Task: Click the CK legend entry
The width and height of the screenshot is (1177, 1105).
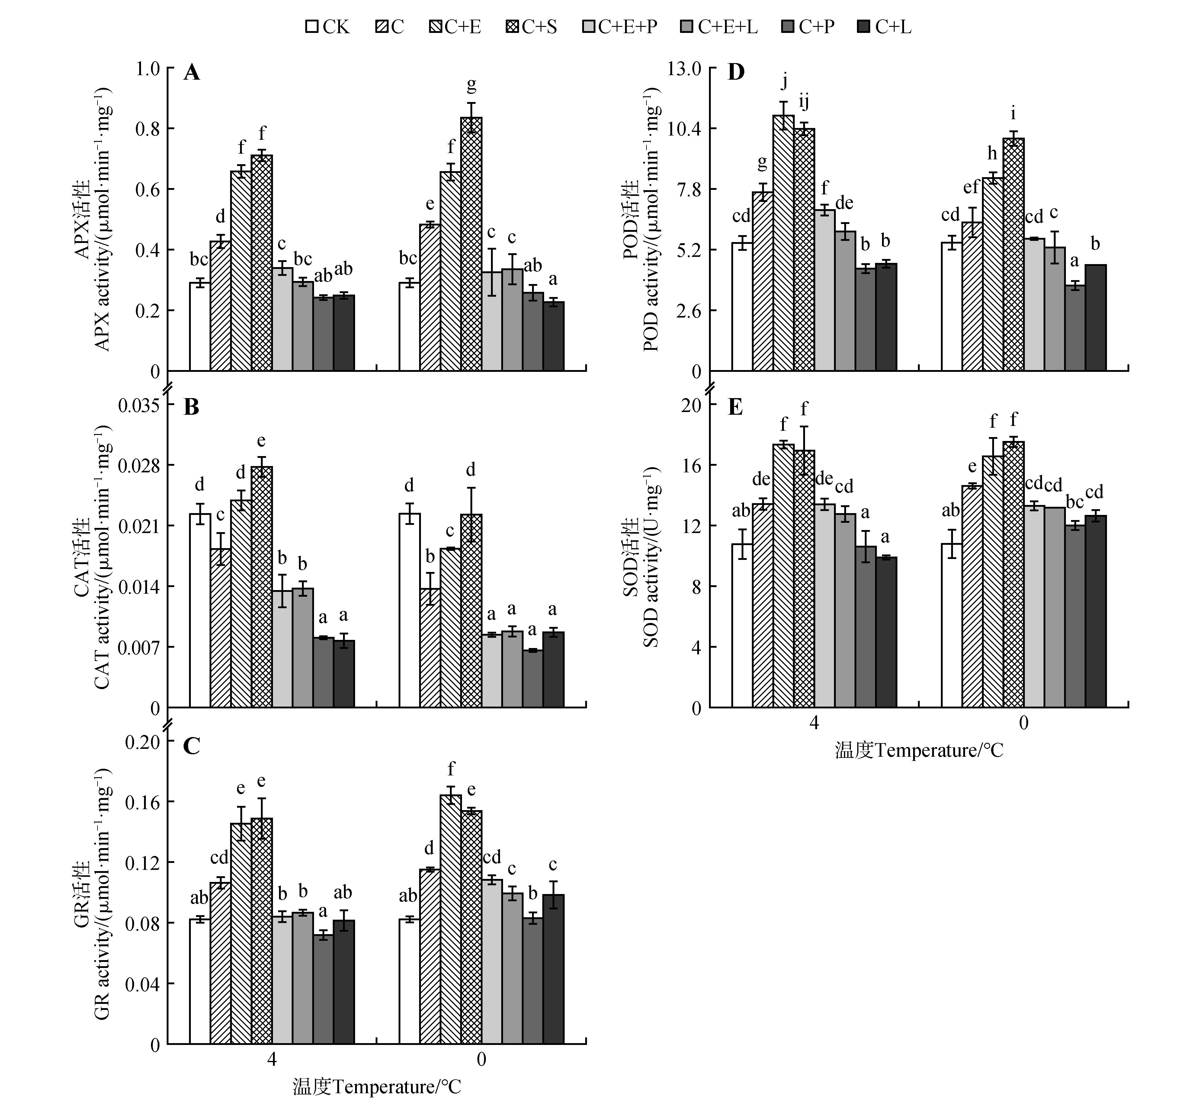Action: [327, 27]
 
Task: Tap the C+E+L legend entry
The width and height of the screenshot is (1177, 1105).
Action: [719, 27]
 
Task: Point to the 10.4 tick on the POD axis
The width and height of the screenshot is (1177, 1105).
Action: [684, 129]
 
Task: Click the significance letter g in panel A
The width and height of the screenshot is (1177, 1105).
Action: [471, 85]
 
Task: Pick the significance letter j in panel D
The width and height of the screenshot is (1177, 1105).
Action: [784, 80]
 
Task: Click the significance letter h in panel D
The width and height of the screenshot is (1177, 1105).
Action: [992, 153]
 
